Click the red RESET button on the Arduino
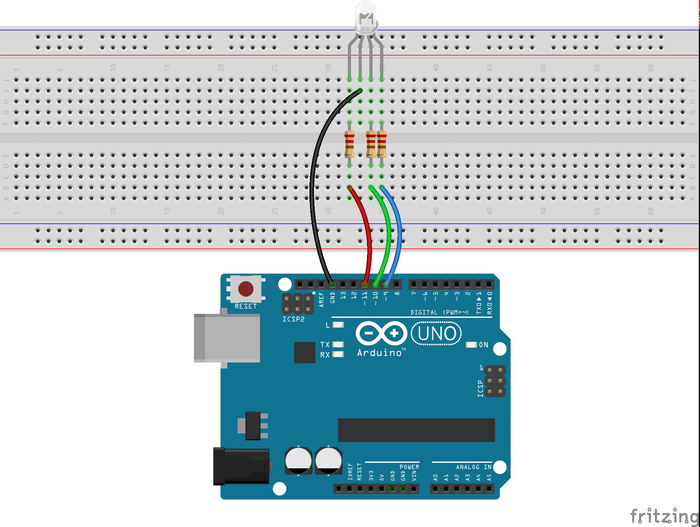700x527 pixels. click(x=245, y=289)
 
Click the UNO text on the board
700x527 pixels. click(x=436, y=333)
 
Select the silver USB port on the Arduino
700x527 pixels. click(x=227, y=338)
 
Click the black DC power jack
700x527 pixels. click(x=241, y=466)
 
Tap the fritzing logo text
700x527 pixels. click(x=664, y=516)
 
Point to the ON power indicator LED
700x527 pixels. click(x=471, y=345)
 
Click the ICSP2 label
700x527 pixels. click(x=293, y=319)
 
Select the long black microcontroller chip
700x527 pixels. click(x=416, y=430)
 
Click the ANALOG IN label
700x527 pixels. click(x=473, y=467)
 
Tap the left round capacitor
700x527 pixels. click(x=298, y=460)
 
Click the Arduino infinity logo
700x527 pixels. click(x=381, y=333)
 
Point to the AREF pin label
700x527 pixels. click(x=321, y=299)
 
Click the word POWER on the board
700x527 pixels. click(x=409, y=467)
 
